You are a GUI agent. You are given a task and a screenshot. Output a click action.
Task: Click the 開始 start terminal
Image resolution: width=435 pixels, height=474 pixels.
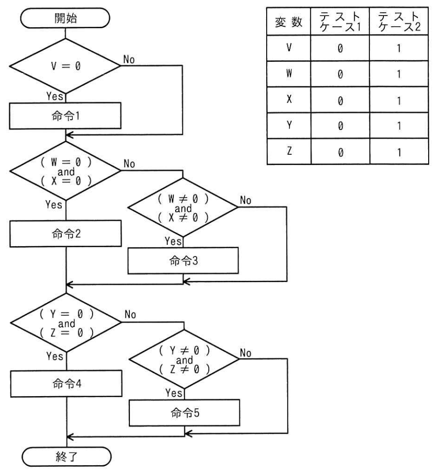[x=65, y=18]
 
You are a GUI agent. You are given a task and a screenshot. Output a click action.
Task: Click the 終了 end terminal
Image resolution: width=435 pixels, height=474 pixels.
[x=67, y=456]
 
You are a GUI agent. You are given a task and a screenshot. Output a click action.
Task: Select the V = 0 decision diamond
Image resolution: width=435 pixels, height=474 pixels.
[x=65, y=66]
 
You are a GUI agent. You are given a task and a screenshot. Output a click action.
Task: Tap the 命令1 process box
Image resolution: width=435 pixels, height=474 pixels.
[x=65, y=116]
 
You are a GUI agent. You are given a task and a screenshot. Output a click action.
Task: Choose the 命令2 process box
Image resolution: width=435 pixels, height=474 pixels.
[x=66, y=234]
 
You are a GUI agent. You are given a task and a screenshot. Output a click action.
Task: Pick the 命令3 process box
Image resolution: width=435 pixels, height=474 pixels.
[x=183, y=260]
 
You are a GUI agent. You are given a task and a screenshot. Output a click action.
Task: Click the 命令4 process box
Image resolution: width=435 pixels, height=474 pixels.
[x=67, y=383]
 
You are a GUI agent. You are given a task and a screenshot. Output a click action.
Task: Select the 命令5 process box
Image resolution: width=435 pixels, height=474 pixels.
[x=184, y=413]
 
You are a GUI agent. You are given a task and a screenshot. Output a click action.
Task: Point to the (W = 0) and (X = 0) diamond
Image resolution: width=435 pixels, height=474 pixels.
[x=66, y=171]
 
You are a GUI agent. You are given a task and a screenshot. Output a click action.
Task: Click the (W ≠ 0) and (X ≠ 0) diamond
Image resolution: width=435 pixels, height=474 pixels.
[x=183, y=207]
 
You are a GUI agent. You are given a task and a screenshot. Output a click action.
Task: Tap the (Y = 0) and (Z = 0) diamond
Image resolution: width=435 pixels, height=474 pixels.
[x=66, y=323]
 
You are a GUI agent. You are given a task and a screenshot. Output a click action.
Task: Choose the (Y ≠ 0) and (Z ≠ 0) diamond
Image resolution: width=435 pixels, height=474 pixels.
[x=184, y=359]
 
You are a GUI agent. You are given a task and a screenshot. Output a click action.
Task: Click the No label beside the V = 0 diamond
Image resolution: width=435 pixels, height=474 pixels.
[x=129, y=59]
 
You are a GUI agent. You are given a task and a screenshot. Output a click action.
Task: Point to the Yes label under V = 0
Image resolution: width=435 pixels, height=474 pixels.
[x=54, y=96]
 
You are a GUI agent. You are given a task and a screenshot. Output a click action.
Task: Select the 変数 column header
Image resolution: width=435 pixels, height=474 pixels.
[x=289, y=22]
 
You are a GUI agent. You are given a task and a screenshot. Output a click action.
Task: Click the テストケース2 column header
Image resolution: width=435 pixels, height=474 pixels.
[x=399, y=21]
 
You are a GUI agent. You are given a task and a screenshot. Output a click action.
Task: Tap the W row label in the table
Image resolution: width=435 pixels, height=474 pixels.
[x=289, y=73]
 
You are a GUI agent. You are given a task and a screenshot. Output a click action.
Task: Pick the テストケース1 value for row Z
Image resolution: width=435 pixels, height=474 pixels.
[x=341, y=152]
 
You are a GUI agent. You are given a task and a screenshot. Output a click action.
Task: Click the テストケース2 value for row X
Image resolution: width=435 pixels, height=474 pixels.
[x=399, y=100]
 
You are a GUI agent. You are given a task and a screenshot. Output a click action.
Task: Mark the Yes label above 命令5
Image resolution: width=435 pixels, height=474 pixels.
[x=174, y=393]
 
